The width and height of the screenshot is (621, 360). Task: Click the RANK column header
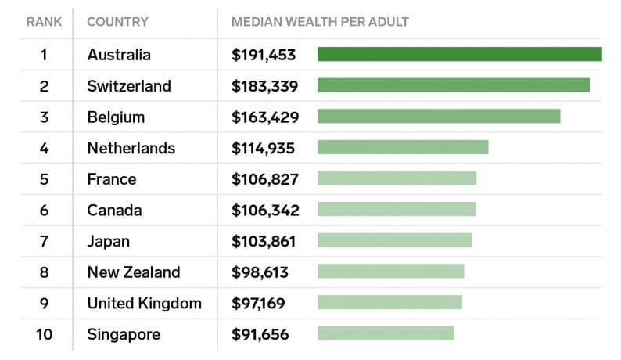44,21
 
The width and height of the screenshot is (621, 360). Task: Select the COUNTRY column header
117,21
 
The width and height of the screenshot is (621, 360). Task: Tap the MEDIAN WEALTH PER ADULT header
320,21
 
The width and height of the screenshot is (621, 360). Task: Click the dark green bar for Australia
459,54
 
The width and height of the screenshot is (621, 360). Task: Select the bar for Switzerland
454,85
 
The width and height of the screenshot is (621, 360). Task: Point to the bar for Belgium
439,116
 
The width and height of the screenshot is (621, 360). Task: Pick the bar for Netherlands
403,147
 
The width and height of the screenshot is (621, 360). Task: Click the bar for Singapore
386,333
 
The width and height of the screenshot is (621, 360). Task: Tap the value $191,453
265,55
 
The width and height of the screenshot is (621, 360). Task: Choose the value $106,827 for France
265,179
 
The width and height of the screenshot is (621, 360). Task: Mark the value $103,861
265,241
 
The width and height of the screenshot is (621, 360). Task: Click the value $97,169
260,303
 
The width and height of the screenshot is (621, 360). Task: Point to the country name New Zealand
134,272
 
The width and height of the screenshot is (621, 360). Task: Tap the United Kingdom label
144,303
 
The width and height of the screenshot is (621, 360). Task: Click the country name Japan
108,241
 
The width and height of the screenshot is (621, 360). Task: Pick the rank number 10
44,334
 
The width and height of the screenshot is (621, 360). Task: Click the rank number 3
44,117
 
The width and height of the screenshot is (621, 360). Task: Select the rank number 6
44,210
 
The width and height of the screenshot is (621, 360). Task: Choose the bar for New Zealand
390,272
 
